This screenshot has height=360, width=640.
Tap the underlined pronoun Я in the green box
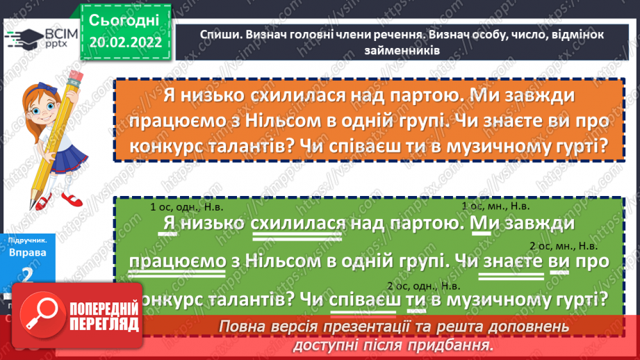coord(167,224)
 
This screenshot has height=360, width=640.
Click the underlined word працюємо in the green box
coord(177,262)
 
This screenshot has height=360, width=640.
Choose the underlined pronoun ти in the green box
coord(416,300)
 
